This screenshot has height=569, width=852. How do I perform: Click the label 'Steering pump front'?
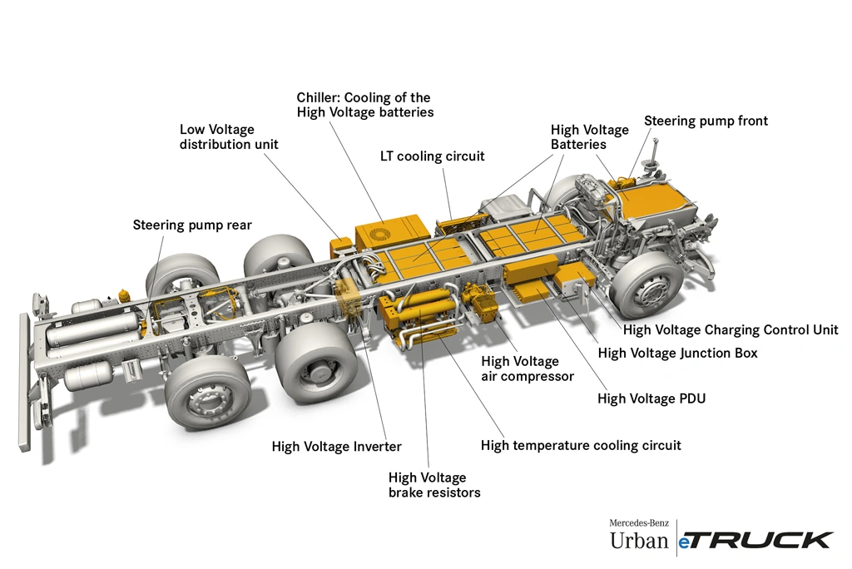706,121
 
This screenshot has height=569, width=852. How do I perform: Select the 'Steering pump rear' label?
192,225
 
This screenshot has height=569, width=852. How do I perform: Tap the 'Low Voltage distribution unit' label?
229,137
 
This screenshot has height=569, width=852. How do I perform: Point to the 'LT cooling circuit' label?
432,156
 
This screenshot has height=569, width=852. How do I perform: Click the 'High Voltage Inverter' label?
336,447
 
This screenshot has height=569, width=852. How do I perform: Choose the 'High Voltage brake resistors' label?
434,485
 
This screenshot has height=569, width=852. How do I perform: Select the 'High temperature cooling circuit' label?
581,445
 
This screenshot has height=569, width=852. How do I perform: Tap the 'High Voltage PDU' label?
651,398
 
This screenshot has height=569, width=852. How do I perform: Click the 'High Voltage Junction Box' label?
678,353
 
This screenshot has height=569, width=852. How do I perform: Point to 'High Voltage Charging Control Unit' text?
731,329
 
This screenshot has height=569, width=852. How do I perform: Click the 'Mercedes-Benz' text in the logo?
639,522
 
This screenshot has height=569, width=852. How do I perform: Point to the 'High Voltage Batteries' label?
589,137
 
